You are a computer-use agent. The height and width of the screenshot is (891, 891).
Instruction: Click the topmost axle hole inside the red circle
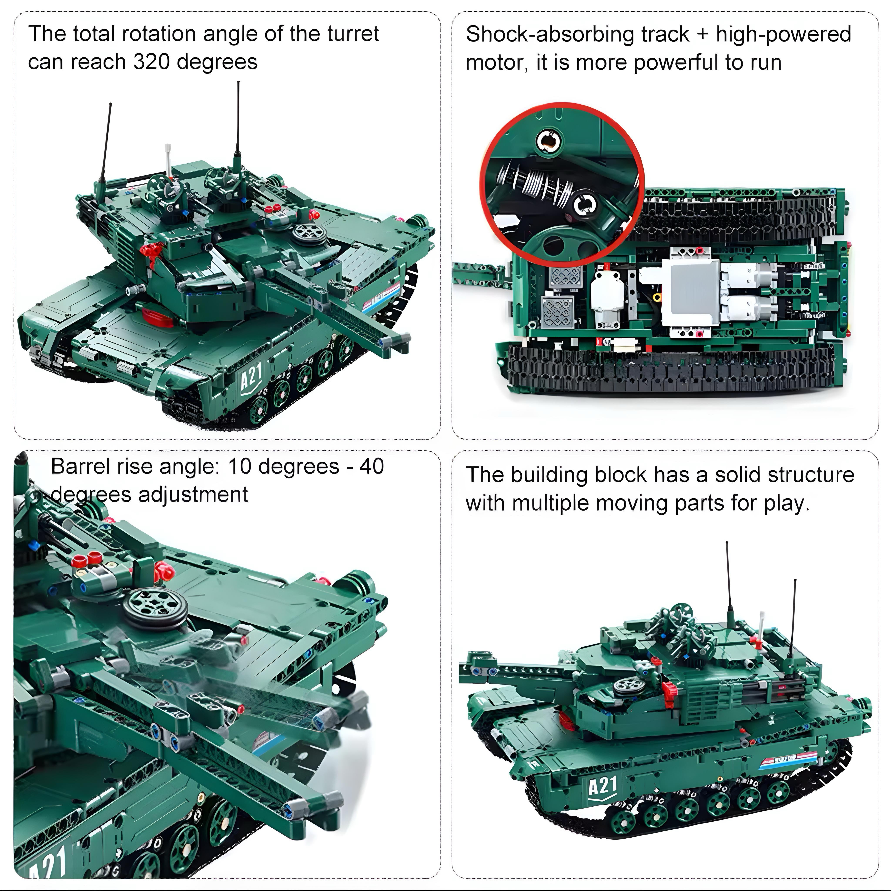549,141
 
